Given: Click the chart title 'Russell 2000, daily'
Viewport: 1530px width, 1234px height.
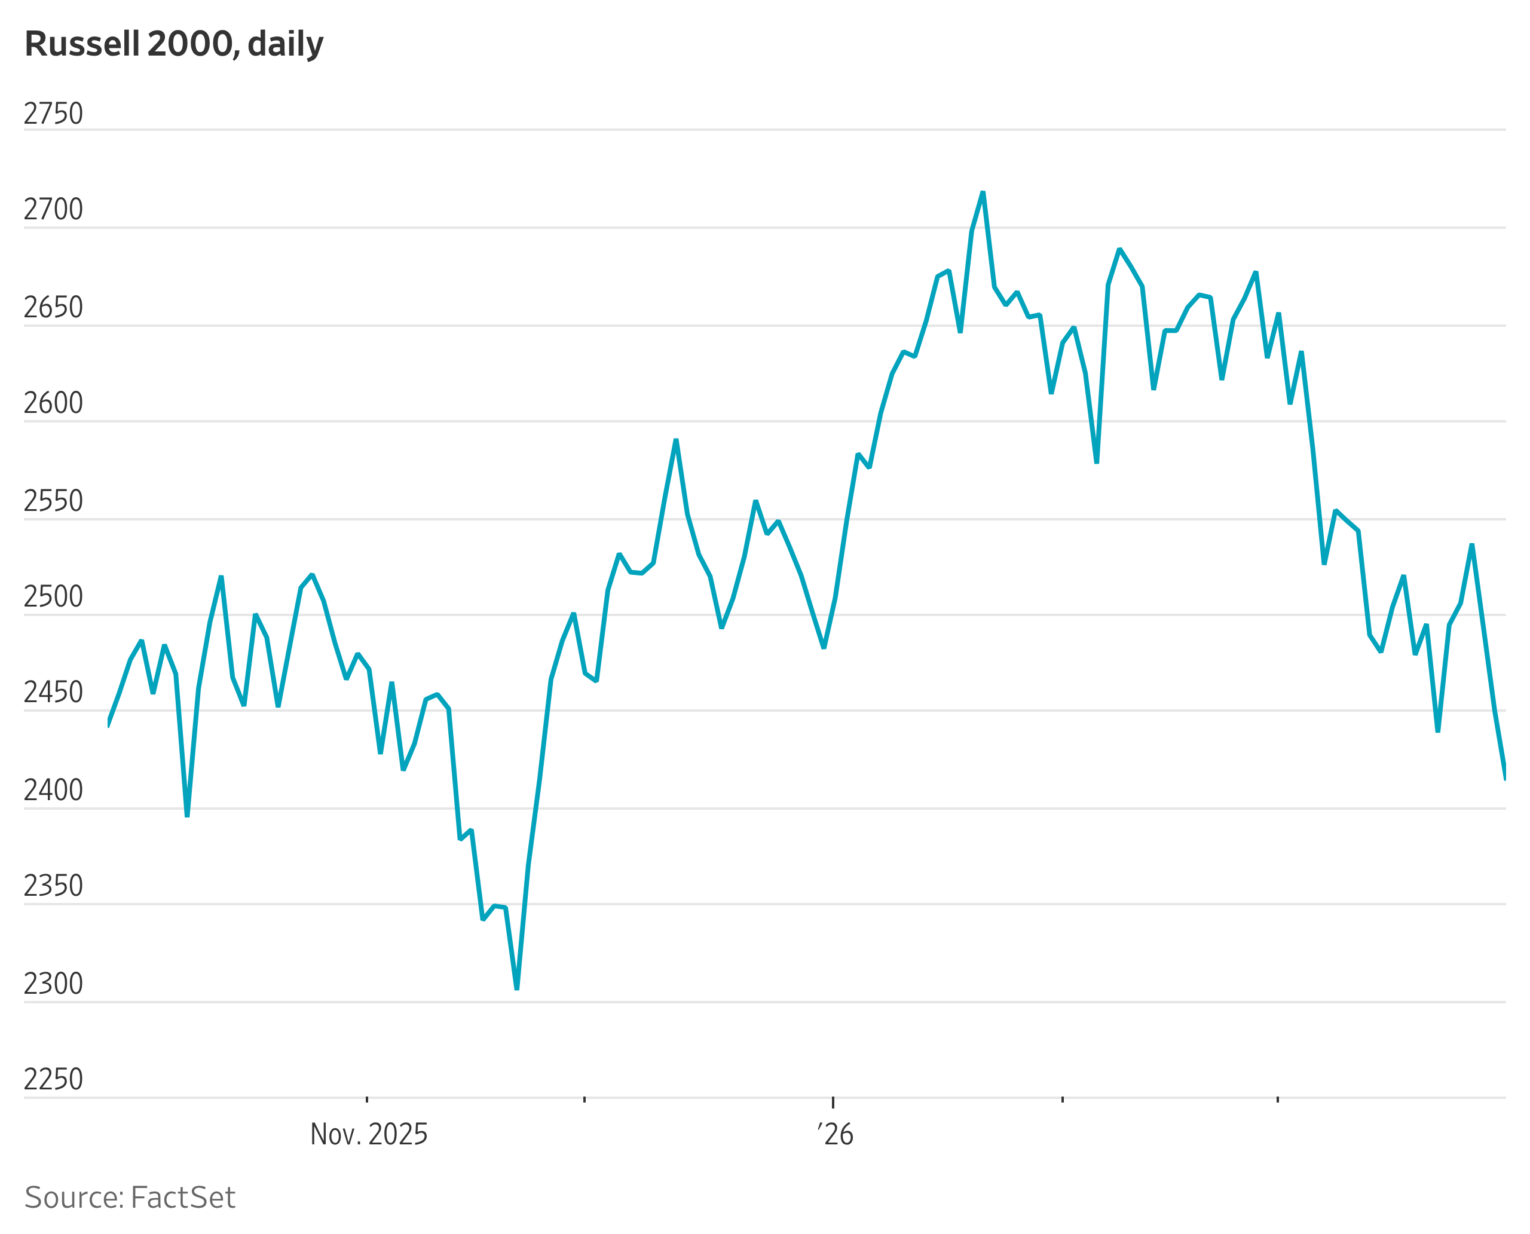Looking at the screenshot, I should click(x=174, y=44).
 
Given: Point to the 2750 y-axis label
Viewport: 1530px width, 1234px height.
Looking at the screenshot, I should click(x=53, y=114).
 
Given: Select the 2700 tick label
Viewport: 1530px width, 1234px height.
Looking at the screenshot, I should click(x=53, y=210).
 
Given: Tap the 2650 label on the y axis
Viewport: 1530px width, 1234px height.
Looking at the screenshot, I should click(x=53, y=307).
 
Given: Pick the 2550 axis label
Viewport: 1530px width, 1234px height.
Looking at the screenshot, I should click(x=53, y=501).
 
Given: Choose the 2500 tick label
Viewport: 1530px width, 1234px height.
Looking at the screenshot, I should click(x=53, y=597).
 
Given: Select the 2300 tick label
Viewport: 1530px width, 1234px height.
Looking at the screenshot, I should click(x=53, y=984).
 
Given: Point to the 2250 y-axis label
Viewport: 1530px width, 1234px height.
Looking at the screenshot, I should click(x=53, y=1079).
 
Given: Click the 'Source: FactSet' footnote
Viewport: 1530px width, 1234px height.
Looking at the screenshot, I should click(x=130, y=1198).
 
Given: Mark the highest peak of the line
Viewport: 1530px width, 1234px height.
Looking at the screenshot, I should click(x=983, y=192).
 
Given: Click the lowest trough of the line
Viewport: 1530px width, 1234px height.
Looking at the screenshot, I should click(x=517, y=989).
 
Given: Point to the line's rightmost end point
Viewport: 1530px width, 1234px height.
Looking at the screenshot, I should click(x=1505, y=780).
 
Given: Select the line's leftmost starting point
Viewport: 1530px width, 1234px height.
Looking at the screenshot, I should click(x=108, y=725).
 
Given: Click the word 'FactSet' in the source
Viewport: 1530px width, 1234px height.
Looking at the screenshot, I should click(x=183, y=1198).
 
